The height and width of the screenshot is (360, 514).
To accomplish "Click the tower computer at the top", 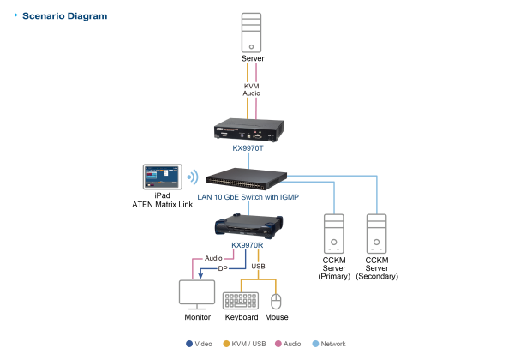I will pos(249,33).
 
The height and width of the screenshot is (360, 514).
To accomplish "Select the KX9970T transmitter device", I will pos(248,130).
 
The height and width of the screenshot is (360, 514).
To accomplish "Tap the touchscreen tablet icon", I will pos(162,177).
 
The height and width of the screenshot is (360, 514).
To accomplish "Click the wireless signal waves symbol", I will pos(193,177).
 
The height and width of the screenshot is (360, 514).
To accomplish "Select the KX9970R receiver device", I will pos(248,226).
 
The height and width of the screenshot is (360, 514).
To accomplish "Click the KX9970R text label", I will pos(248,245).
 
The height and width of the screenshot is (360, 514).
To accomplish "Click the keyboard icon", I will pos(241,300).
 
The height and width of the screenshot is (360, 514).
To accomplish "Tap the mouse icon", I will pos(276,301).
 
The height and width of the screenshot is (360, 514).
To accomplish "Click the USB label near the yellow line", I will pos(259,267).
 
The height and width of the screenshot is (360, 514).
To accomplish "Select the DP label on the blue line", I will pos(223,268).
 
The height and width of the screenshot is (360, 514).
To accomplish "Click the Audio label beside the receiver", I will pos(214,257).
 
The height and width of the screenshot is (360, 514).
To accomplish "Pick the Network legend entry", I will pos(333,344).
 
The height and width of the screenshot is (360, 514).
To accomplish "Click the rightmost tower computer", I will pos(377,233).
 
